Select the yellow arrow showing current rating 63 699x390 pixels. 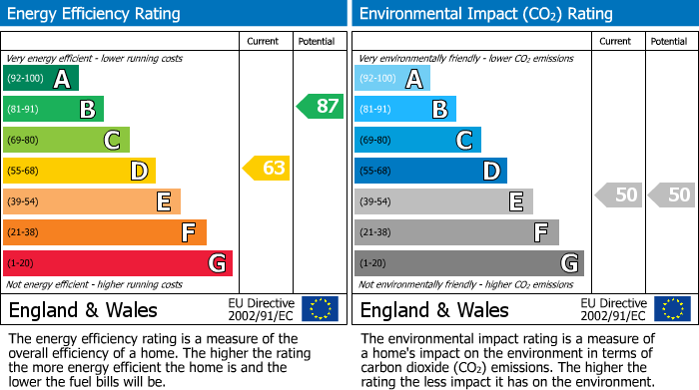(x=267, y=168)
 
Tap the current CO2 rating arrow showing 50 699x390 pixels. (x=618, y=195)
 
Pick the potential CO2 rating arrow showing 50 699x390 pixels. (x=671, y=195)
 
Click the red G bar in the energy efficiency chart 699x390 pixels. (x=117, y=263)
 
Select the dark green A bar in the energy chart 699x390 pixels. (x=40, y=79)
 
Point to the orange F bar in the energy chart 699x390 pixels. (x=104, y=232)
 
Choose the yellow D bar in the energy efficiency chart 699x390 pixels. (x=79, y=171)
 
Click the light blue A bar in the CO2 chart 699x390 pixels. (x=392, y=79)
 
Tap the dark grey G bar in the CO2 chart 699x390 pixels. (x=468, y=263)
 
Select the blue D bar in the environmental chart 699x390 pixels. (x=430, y=171)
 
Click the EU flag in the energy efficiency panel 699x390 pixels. (x=320, y=309)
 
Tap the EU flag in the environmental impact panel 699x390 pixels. (x=672, y=309)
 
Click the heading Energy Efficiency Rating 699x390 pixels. (x=95, y=14)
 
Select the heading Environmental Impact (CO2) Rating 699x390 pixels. (x=485, y=14)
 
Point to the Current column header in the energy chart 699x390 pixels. (x=264, y=41)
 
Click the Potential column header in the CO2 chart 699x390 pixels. (x=669, y=41)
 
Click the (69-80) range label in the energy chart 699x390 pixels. (x=24, y=141)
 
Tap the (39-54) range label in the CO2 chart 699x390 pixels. (x=375, y=202)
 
